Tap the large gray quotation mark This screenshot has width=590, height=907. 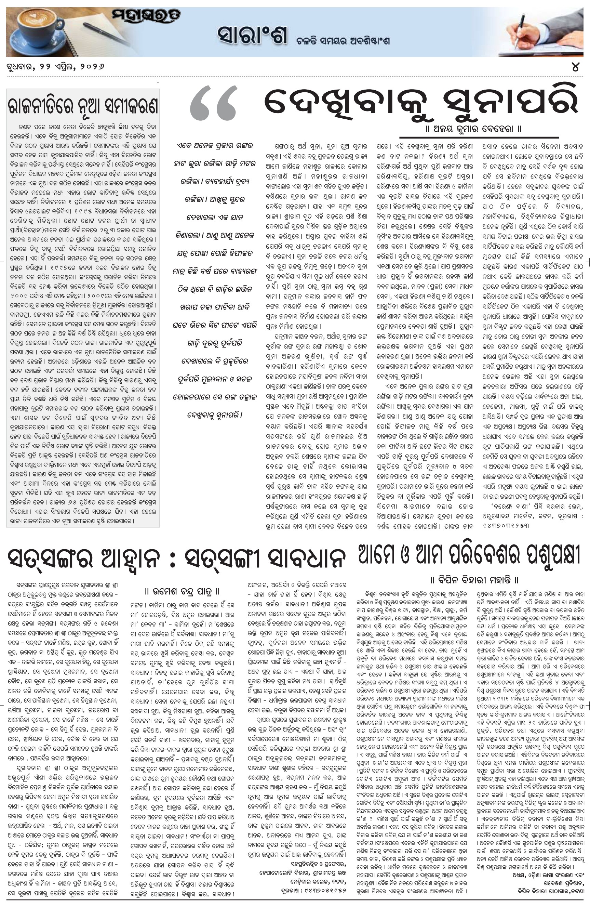213,104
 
